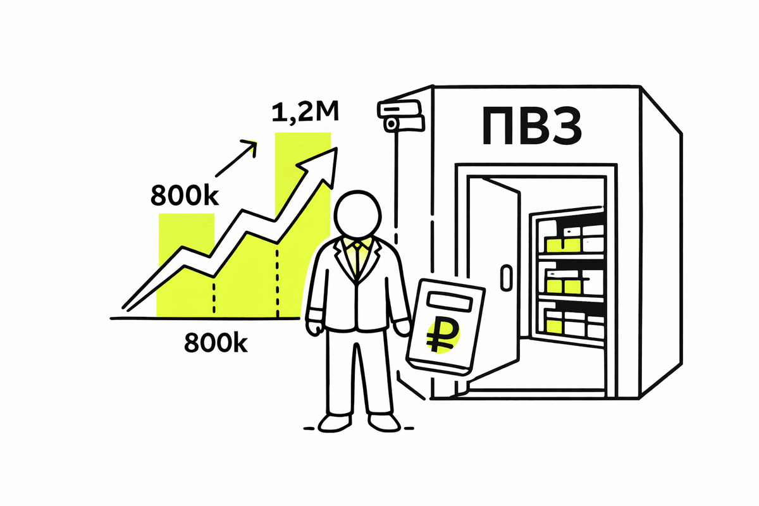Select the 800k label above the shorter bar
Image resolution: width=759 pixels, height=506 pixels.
tap(184, 195)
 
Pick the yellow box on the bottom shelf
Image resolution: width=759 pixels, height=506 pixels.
tap(555, 326)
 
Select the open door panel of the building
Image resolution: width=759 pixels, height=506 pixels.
tap(503, 278)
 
